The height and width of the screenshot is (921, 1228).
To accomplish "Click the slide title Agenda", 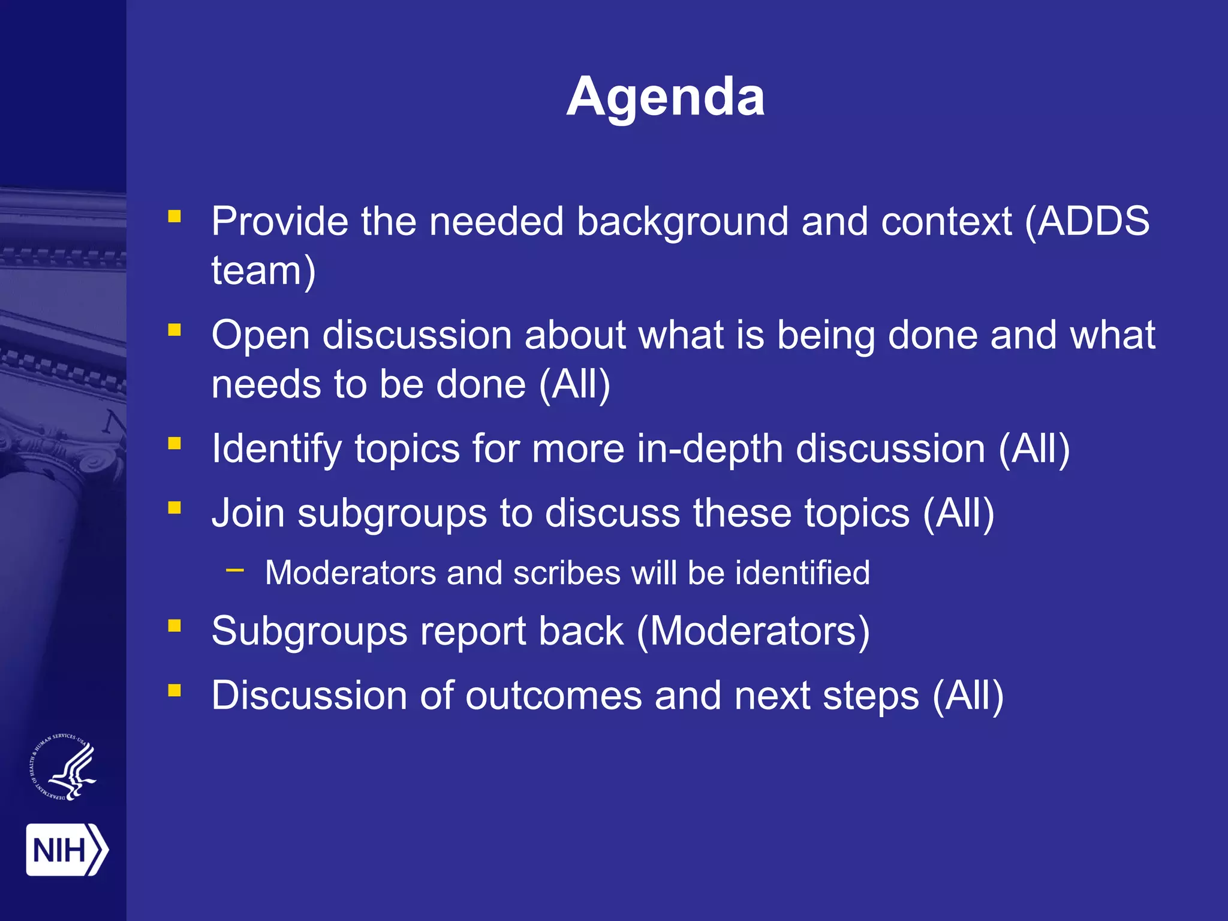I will tap(666, 97).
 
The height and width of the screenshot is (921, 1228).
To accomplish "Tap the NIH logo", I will tap(67, 850).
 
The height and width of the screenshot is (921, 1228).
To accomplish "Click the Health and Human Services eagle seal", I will tap(64, 767).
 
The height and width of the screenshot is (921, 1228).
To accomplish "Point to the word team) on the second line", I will tap(263, 271).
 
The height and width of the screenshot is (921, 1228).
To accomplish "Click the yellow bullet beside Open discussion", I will tap(174, 329).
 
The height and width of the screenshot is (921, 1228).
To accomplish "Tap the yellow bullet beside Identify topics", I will tap(174, 443).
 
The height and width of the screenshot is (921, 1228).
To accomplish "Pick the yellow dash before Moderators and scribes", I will tap(235, 570).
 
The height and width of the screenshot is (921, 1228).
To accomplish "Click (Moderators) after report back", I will tap(753, 631).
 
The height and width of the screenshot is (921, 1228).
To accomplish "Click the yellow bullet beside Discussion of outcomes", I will tap(174, 690).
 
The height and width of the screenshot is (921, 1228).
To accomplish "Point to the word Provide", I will tap(279, 221).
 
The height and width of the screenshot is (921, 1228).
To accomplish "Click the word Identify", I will tap(276, 449).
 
